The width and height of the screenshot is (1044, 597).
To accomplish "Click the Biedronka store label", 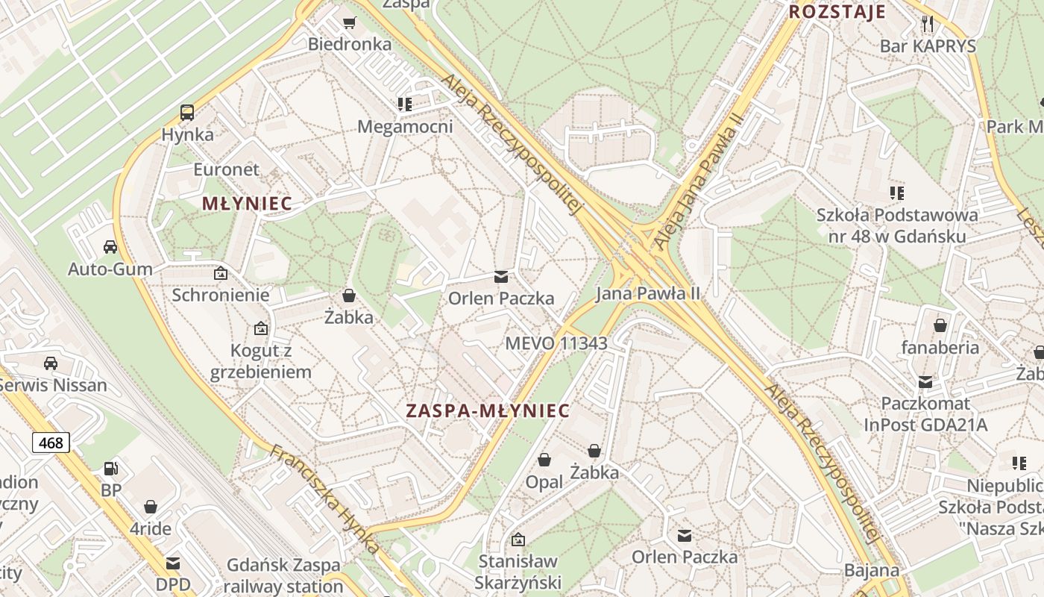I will [x=350, y=44].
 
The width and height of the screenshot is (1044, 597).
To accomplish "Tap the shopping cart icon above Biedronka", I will [x=349, y=22].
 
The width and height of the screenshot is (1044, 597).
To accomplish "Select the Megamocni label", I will [x=405, y=126].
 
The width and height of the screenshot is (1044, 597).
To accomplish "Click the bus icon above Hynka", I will [x=187, y=113].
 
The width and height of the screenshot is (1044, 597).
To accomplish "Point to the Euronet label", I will [x=227, y=169].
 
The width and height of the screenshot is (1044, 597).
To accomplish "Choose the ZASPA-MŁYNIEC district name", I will [x=488, y=410].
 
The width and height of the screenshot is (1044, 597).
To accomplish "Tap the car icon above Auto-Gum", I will [x=110, y=247].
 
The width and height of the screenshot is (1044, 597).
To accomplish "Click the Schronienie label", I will [x=221, y=295].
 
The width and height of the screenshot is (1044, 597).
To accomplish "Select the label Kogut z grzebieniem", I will [x=260, y=361].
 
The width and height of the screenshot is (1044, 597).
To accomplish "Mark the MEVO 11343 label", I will [x=556, y=343].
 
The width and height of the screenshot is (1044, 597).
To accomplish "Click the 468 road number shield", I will [x=51, y=443].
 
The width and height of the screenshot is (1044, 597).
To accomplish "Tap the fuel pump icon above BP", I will [x=111, y=469].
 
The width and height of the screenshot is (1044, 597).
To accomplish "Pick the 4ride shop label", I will [x=151, y=529].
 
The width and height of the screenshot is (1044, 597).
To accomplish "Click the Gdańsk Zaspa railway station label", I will [x=283, y=575].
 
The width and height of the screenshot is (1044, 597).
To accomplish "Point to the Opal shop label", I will [x=544, y=482].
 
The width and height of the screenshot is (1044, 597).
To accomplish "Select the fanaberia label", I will [x=940, y=347].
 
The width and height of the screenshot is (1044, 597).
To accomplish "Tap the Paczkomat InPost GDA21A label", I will [x=925, y=414].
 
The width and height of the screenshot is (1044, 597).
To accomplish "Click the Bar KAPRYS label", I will [x=928, y=46].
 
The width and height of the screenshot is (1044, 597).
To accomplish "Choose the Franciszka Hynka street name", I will [x=325, y=499].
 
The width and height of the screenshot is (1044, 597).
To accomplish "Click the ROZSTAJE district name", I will [x=837, y=12].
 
